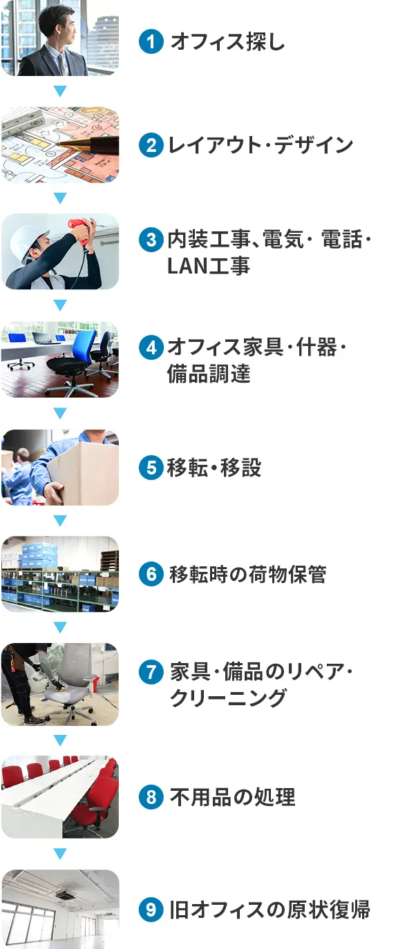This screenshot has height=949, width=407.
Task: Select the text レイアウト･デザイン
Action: [x=260, y=145]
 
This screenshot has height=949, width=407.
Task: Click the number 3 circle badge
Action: [x=150, y=240]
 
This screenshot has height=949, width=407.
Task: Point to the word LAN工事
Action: [x=208, y=267]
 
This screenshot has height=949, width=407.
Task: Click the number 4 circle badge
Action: [x=150, y=347]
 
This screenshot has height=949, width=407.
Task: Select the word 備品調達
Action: [x=208, y=374]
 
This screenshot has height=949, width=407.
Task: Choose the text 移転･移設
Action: [x=214, y=468]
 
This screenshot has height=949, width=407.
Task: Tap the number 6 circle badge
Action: [x=150, y=575]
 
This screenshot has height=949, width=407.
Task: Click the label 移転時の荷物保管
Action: [x=247, y=575]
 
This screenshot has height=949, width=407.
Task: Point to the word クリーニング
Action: [x=227, y=698]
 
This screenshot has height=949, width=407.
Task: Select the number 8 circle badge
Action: [x=150, y=798]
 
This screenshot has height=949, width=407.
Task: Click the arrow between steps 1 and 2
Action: [x=60, y=91]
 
